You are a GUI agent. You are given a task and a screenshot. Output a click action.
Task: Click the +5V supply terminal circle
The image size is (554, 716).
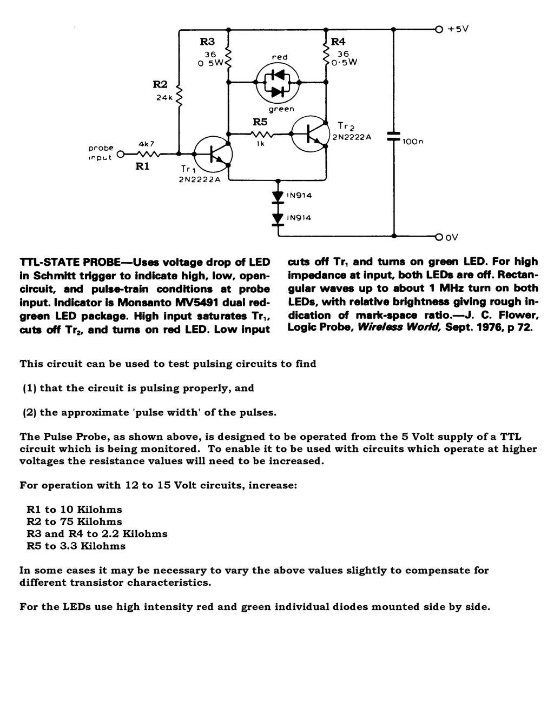(x=439, y=30)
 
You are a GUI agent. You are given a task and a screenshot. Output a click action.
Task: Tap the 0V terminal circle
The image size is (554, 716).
(x=439, y=237)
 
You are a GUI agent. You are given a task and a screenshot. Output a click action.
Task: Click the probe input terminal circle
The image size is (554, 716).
(x=121, y=154)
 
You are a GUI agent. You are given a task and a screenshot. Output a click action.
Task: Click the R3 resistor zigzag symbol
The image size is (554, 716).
(x=228, y=58)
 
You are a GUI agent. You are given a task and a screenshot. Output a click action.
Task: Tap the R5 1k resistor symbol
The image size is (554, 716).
(x=261, y=134)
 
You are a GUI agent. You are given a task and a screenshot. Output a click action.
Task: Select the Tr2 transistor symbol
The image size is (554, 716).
(x=311, y=134)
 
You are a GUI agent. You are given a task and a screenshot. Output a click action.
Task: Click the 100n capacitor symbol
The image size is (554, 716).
(x=394, y=136)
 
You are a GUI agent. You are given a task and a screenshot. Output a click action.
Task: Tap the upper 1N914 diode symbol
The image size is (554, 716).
(x=278, y=197)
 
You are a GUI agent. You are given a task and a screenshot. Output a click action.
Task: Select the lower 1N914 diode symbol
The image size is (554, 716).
(x=278, y=219)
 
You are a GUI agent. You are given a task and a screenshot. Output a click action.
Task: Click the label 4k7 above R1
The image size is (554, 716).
(x=147, y=144)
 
